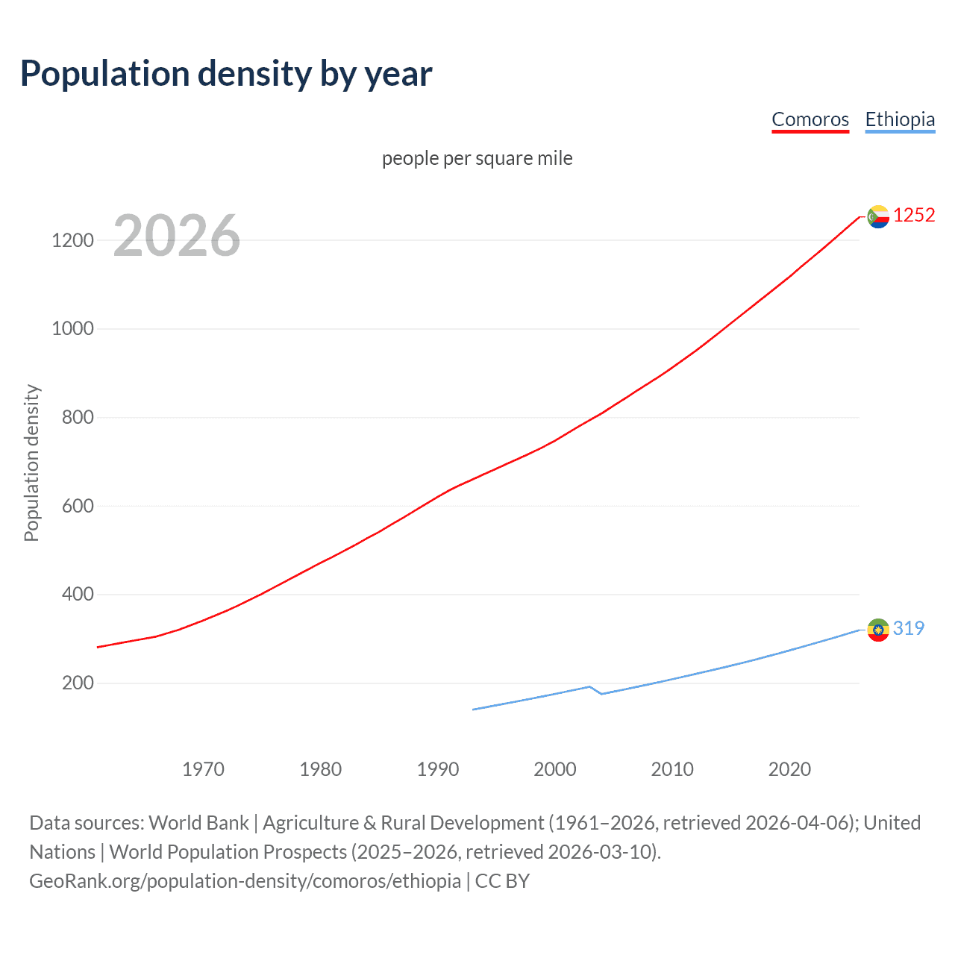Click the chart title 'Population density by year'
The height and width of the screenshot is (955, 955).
pyautogui.click(x=226, y=74)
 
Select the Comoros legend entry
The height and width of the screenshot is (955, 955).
pyautogui.click(x=810, y=119)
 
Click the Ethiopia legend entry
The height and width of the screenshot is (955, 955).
pyautogui.click(x=900, y=119)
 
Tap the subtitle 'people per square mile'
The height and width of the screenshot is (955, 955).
pyautogui.click(x=477, y=158)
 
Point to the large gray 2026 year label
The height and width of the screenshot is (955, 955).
pyautogui.click(x=177, y=236)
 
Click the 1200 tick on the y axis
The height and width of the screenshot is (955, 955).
pyautogui.click(x=72, y=240)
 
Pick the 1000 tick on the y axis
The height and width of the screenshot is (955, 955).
pyautogui.click(x=72, y=329)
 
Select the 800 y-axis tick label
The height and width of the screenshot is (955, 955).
pyautogui.click(x=78, y=417)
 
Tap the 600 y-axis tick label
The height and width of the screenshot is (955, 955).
pyautogui.click(x=78, y=506)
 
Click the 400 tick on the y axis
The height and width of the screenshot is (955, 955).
pyautogui.click(x=78, y=595)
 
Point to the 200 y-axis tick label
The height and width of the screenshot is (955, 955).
pyautogui.click(x=78, y=683)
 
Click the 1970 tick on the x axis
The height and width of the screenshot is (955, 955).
pyautogui.click(x=203, y=769)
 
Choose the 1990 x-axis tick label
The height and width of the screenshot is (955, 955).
pyautogui.click(x=438, y=769)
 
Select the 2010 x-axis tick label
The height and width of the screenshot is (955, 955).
pyautogui.click(x=672, y=769)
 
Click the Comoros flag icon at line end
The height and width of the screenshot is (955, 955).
pyautogui.click(x=878, y=216)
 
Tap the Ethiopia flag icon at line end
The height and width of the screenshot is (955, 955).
pyautogui.click(x=878, y=630)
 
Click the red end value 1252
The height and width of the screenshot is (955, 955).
pyautogui.click(x=914, y=216)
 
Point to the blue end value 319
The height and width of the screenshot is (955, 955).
pyautogui.click(x=909, y=628)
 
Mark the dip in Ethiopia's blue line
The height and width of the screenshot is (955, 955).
pyautogui.click(x=601, y=693)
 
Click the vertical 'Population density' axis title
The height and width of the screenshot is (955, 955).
pyautogui.click(x=31, y=463)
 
